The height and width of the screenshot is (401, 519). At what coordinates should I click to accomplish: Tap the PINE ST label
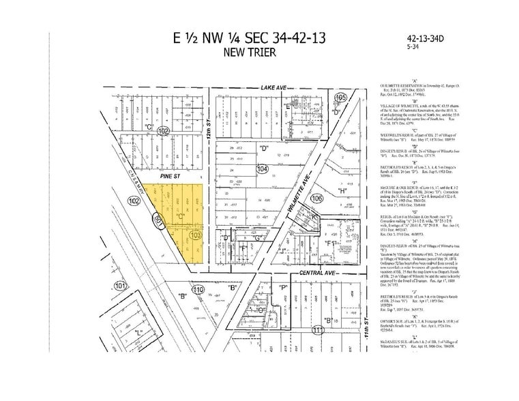pyautogui.click(x=168, y=175)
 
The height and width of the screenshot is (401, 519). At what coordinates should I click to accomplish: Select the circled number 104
pyautogui.click(x=262, y=168)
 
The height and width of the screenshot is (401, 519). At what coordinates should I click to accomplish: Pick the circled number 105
pyautogui.click(x=342, y=99)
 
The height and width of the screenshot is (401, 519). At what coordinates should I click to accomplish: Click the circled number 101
pyautogui.click(x=121, y=286)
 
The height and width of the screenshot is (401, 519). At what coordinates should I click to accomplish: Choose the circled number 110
pyautogui.click(x=198, y=290)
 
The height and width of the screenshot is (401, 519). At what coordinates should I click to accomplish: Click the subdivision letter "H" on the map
pyautogui.click(x=342, y=191)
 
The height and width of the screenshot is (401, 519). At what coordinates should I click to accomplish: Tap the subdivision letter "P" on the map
pyautogui.click(x=282, y=288)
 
